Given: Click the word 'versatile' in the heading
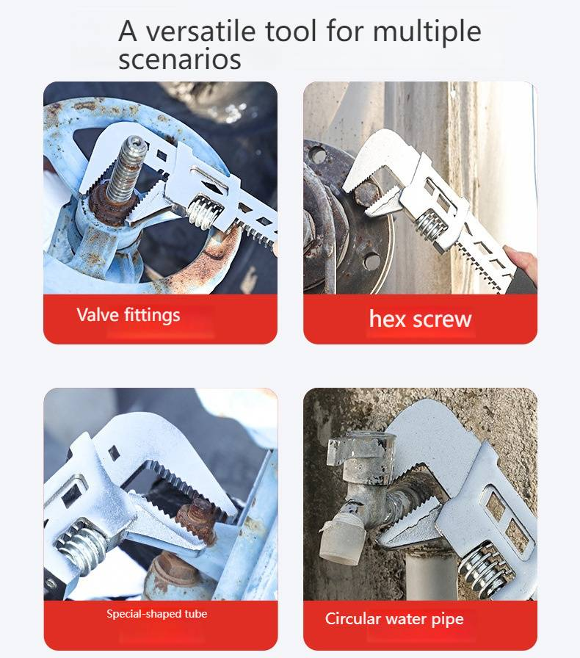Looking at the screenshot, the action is pyautogui.click(x=200, y=31).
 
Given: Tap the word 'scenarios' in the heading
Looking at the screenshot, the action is pyautogui.click(x=180, y=59).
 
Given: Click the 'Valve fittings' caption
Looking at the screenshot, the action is pyautogui.click(x=128, y=315).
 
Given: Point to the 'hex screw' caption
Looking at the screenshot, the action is pyautogui.click(x=420, y=319).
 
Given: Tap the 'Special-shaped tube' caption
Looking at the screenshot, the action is pyautogui.click(x=157, y=614).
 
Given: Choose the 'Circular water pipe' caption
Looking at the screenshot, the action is pyautogui.click(x=394, y=619).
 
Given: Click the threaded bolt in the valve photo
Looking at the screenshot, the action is pyautogui.click(x=124, y=172).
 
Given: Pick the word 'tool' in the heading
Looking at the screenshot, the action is pyautogui.click(x=291, y=31).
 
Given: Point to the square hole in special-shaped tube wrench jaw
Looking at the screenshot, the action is pyautogui.click(x=114, y=452).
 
